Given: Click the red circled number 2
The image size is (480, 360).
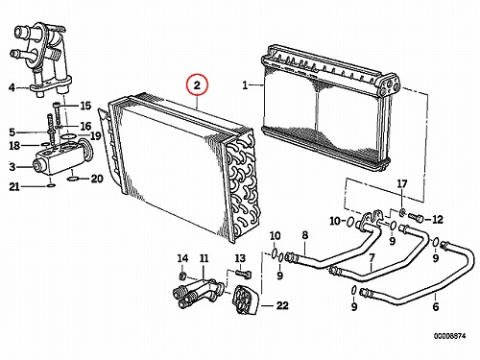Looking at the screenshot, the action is tap(197, 85).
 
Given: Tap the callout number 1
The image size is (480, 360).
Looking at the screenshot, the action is tap(245, 85).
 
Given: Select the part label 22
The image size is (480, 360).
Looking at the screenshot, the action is tap(282, 305).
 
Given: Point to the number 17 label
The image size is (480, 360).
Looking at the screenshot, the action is tap(402, 183).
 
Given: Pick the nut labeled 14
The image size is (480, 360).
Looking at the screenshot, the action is tap(182, 276).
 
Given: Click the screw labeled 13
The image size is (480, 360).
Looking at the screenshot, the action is tap(244, 274).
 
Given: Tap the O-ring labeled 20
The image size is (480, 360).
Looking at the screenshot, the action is tap(73, 179).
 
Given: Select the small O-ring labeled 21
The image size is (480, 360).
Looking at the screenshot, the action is tap(51, 185).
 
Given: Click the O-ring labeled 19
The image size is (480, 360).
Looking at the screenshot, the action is tap(67, 137).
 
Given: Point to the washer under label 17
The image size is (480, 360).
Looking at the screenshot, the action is tap(402, 211).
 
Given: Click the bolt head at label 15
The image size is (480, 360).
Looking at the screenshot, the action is tap(57, 105).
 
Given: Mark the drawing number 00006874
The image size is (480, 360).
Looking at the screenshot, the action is tap(449, 336).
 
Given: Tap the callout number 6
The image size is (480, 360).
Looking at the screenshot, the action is tap(436, 306).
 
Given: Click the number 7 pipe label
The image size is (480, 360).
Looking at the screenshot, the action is tap(372, 257).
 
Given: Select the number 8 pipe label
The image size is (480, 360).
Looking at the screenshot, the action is tap(305, 235).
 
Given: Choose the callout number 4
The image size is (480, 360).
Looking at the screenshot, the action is tap(12, 87).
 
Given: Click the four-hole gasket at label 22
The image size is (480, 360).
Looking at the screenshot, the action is tap(247, 300).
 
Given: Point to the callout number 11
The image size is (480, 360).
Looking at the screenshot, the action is tap(204, 258).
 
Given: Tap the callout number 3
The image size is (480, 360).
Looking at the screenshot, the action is tap(12, 167).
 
